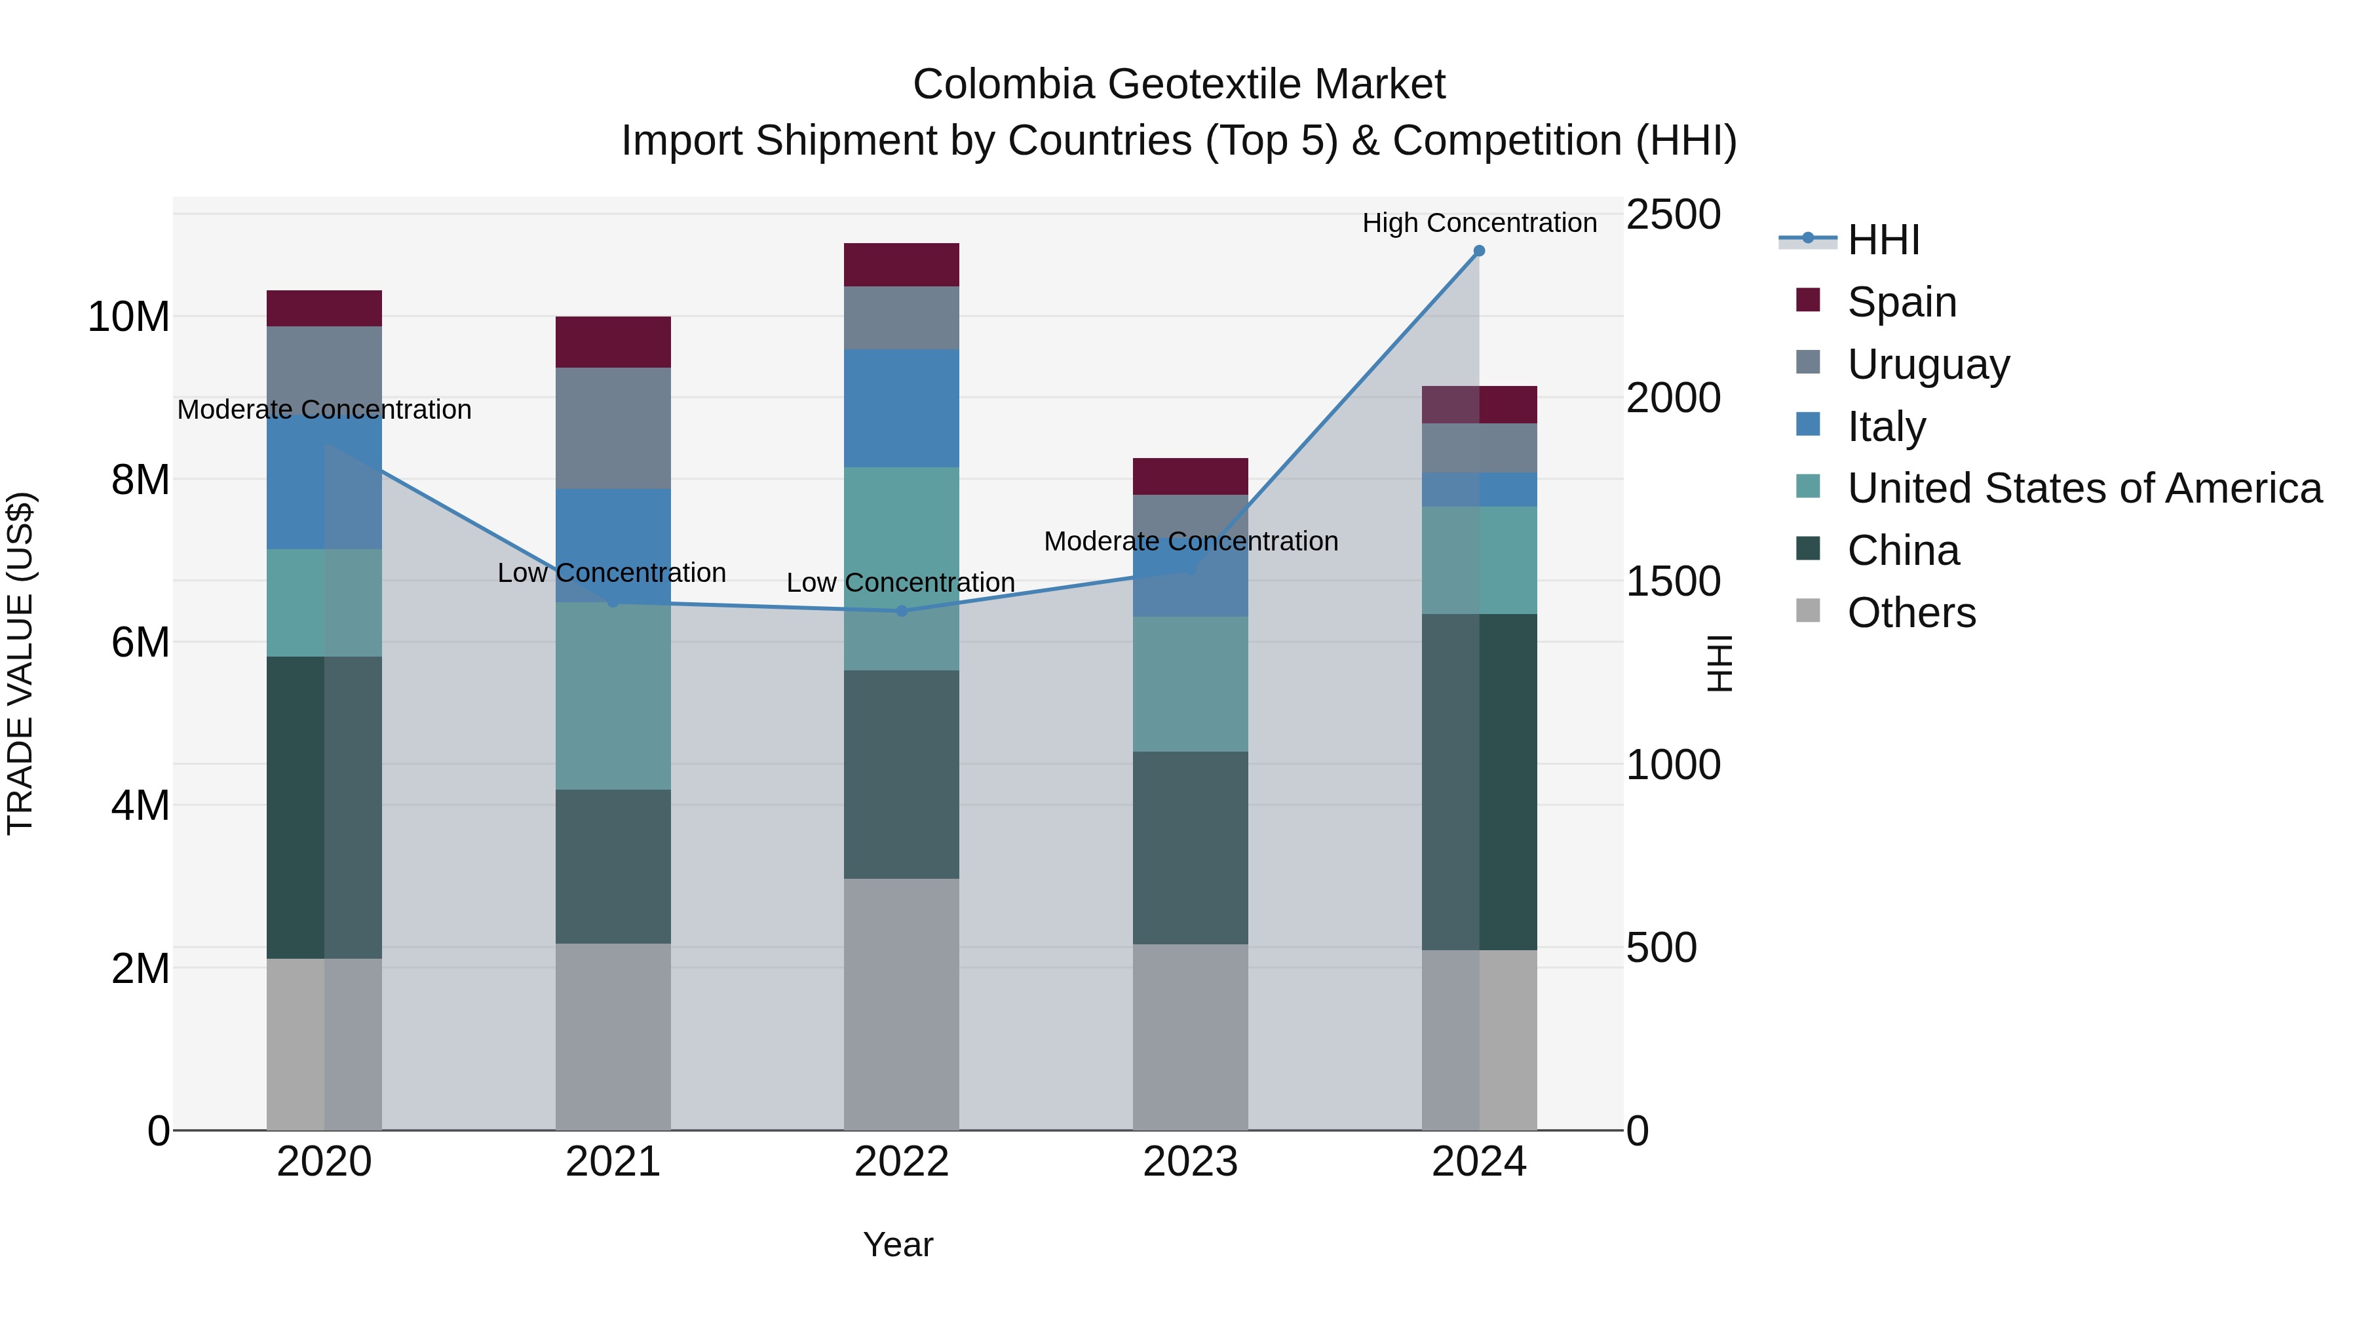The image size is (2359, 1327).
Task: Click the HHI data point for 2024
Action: (x=1478, y=251)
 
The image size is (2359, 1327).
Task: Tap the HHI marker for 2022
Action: (x=901, y=611)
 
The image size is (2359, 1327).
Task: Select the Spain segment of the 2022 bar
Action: (x=901, y=265)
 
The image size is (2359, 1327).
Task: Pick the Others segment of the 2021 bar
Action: (x=613, y=1036)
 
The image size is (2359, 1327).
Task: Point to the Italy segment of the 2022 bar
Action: (x=901, y=408)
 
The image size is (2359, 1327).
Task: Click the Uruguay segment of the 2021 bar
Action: (x=613, y=428)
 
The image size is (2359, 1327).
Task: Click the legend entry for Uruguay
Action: (x=1928, y=364)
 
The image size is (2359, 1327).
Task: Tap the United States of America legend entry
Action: (x=2083, y=488)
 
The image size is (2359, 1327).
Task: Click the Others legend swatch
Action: (x=1808, y=611)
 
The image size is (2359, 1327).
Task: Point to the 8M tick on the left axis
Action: (x=140, y=480)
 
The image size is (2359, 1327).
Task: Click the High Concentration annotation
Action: (x=1478, y=223)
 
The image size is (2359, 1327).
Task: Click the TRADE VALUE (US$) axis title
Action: (x=20, y=663)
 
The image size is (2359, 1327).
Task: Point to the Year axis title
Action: (x=898, y=1244)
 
